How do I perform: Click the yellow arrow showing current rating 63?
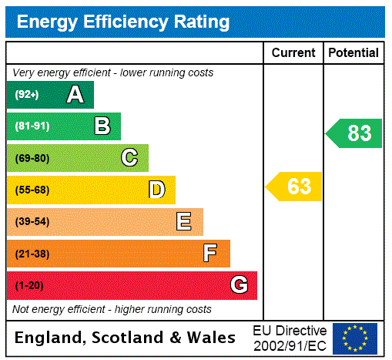click(294, 187)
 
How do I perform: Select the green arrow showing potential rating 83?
click(354, 133)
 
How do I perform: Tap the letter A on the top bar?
click(75, 95)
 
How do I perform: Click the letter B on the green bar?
click(102, 126)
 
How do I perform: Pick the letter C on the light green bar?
click(129, 158)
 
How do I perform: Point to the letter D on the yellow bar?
click(156, 190)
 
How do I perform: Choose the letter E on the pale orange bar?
click(183, 222)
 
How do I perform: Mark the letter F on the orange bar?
click(210, 254)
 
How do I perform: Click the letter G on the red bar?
click(239, 285)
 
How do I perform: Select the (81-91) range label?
click(32, 126)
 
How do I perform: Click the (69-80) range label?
click(32, 158)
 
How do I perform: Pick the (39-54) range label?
click(32, 222)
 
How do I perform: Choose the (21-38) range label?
click(32, 254)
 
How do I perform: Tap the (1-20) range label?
click(29, 286)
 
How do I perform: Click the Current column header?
click(293, 53)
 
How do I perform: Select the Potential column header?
click(353, 53)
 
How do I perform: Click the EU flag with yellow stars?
click(355, 338)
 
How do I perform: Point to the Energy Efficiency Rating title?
click(123, 22)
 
